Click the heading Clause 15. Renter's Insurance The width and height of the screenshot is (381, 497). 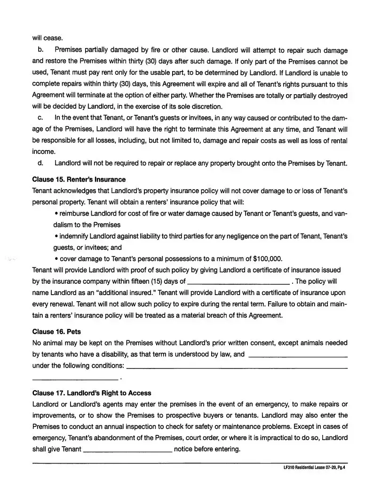79,179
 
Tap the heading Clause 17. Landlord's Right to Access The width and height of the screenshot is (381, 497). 92,393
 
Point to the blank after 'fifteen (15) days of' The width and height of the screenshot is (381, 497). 238,282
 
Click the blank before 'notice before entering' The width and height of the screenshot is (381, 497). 127,449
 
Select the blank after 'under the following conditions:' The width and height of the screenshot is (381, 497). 238,366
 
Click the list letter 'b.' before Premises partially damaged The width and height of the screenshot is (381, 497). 40,50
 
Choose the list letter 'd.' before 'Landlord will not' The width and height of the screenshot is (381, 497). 40,163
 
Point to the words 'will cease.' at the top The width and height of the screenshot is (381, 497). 48,38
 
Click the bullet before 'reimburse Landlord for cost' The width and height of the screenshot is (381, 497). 56,214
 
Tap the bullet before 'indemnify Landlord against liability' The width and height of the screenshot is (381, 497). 56,236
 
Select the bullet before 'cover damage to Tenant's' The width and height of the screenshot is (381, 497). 56,259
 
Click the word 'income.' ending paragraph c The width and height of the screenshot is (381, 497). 44,152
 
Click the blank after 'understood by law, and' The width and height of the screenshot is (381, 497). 297,354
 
